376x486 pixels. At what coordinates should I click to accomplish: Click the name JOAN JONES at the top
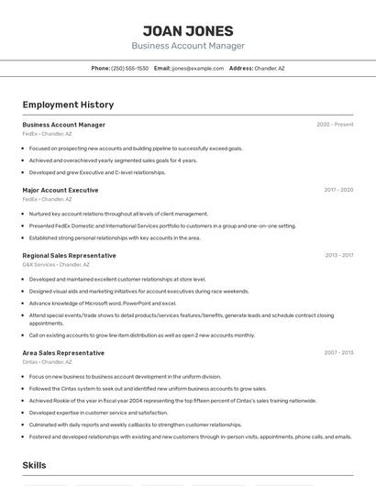(x=188, y=30)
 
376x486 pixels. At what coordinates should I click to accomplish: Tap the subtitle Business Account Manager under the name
(x=188, y=46)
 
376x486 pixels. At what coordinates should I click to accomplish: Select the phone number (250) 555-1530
(x=129, y=68)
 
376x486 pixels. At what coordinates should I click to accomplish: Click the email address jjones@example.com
(x=197, y=68)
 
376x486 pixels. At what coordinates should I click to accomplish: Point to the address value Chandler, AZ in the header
(x=270, y=68)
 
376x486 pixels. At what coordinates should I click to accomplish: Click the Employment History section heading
(x=68, y=105)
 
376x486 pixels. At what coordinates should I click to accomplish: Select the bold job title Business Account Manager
(x=64, y=125)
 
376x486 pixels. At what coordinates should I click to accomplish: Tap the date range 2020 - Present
(x=335, y=125)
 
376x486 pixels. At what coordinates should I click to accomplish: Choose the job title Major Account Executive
(x=61, y=190)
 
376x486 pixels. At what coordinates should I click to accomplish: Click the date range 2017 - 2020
(x=338, y=190)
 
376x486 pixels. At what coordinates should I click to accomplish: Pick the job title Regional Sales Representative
(x=70, y=256)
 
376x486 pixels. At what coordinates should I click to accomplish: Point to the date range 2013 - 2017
(x=338, y=256)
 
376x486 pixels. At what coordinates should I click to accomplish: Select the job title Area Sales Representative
(x=63, y=353)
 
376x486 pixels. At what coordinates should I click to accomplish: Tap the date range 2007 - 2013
(x=338, y=353)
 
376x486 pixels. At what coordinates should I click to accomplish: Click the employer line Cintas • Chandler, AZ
(x=47, y=361)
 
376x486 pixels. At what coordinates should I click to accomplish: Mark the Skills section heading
(x=35, y=466)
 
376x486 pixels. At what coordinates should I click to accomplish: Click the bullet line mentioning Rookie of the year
(x=172, y=401)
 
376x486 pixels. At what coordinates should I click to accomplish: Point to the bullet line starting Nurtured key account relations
(x=118, y=214)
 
